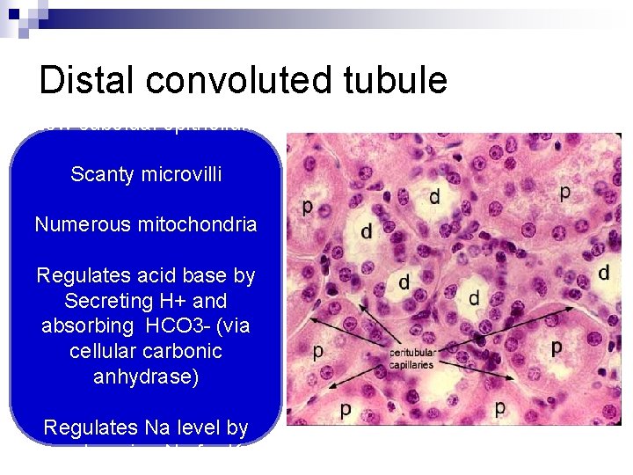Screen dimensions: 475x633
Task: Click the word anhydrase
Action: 145,376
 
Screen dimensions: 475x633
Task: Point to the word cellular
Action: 104,351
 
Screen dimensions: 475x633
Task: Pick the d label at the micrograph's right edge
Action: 603,273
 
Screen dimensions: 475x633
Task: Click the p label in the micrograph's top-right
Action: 564,190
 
